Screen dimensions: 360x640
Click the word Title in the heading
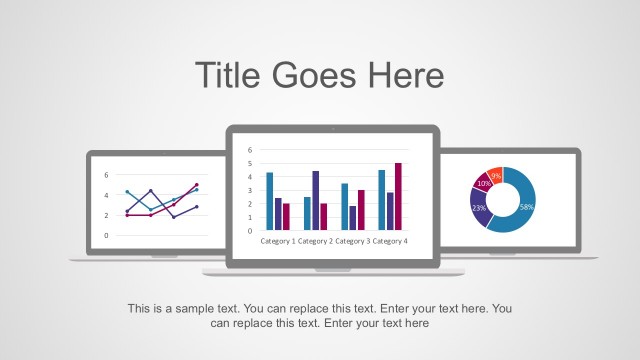227,75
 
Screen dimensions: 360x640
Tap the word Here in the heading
405,75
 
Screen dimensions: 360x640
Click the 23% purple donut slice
479,208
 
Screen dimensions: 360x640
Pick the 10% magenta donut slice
484,184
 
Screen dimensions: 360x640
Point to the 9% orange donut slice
495,175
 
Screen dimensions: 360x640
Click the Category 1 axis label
278,241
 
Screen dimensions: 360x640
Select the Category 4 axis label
390,241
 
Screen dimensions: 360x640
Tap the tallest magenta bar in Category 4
398,196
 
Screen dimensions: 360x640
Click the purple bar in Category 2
316,200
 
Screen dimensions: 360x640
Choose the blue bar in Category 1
269,201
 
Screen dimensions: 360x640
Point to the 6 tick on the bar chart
250,150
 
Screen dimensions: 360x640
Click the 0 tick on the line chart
106,236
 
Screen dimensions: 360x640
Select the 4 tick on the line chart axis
106,194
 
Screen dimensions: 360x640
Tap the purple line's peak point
151,191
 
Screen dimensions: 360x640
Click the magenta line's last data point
197,185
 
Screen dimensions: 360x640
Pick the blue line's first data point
127,192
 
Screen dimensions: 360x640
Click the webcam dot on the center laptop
333,129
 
